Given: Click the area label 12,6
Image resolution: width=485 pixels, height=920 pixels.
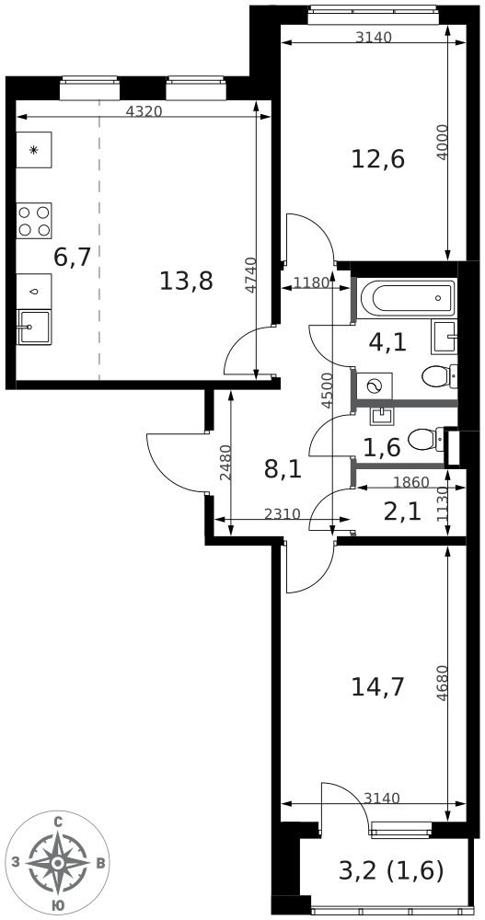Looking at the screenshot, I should (x=377, y=159).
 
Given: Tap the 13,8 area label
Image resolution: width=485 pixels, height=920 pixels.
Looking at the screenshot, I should (x=186, y=281).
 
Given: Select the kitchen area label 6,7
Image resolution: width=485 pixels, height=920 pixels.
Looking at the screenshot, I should (x=72, y=258).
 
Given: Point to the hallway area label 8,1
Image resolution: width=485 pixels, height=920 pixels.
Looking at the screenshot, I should (x=283, y=469).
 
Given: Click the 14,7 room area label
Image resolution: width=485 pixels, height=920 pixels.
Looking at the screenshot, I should (x=377, y=686).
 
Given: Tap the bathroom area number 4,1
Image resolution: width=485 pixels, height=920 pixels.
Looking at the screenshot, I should (x=387, y=342).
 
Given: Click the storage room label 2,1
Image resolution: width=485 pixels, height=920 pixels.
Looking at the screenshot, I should (x=401, y=511).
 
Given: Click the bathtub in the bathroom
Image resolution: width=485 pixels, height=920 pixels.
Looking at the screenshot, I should (x=407, y=297).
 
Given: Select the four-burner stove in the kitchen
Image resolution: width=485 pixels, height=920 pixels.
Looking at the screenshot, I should (x=34, y=221).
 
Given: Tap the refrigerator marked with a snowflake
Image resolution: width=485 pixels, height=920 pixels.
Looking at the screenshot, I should (x=34, y=150).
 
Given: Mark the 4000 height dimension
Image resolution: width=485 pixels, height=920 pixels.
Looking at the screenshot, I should (x=443, y=143).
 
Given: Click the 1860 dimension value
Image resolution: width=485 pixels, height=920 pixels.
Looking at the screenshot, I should (x=410, y=482).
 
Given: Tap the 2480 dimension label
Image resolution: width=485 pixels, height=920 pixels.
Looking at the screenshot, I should (x=225, y=463).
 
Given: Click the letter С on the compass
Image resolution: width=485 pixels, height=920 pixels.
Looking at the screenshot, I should (x=58, y=822).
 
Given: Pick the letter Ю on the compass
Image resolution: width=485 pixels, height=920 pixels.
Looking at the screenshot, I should (x=58, y=906).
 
